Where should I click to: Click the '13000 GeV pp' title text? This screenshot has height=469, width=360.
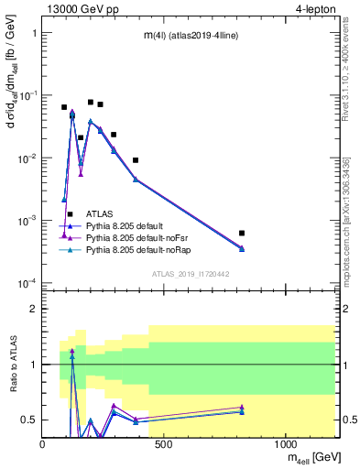tap(83, 8)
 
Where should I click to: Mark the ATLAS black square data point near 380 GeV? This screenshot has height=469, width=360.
tap(136, 160)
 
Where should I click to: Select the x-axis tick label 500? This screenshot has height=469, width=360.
tap(164, 444)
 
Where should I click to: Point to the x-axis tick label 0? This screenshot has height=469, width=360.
tap(43, 444)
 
